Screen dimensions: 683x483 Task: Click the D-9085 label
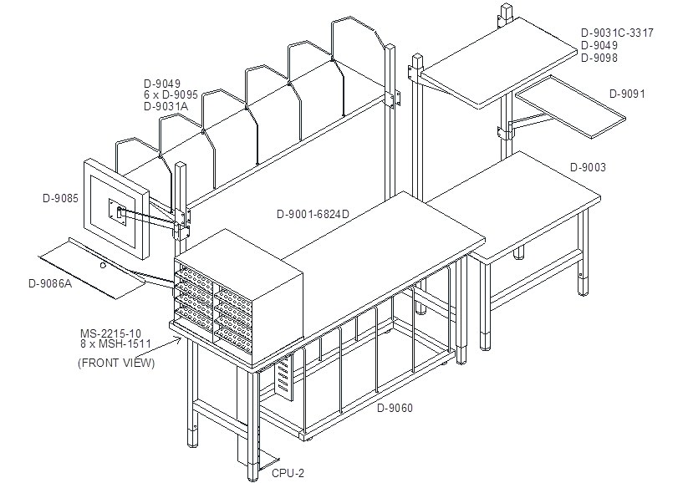(60, 198)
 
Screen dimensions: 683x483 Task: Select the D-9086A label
(50, 283)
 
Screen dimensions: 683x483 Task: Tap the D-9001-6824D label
(313, 214)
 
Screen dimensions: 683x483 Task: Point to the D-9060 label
(395, 408)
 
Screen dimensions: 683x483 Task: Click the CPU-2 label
(288, 473)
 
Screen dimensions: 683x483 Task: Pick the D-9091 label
(627, 94)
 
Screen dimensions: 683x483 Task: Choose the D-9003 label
(588, 167)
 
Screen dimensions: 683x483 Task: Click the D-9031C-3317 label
(617, 33)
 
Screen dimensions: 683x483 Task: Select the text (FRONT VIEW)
(116, 363)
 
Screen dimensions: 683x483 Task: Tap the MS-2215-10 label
(110, 334)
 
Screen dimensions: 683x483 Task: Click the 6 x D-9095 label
(171, 94)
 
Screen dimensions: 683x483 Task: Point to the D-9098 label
(599, 58)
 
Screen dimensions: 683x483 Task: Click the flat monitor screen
(116, 209)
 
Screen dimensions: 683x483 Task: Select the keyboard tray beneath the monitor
(92, 268)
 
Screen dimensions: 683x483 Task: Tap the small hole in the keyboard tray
(103, 265)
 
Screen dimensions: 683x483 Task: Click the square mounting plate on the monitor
(117, 212)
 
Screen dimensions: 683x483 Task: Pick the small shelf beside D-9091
(570, 107)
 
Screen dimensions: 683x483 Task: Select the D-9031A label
(166, 106)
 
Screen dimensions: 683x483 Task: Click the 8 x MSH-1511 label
(115, 343)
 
